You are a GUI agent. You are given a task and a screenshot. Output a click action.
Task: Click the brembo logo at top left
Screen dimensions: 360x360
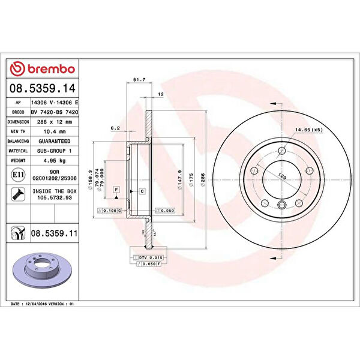[x=43, y=70]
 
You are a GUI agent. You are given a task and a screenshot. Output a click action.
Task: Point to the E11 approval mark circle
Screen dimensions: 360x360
[x=17, y=176]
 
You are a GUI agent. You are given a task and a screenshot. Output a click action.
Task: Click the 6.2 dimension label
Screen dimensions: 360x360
[x=115, y=128]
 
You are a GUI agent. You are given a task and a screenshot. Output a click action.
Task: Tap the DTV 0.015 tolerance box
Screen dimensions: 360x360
[x=152, y=257]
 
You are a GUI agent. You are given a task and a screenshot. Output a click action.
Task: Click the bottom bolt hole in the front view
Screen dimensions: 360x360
[x=281, y=206]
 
